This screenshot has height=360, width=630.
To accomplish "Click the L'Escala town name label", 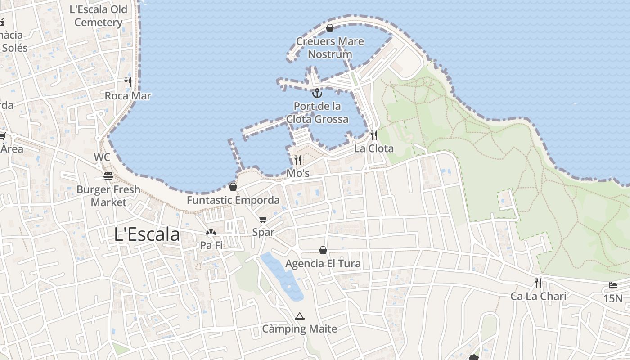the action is click(147, 234).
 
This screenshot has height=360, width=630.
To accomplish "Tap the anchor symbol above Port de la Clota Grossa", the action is click(317, 93).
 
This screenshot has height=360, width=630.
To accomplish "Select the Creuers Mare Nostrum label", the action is click(330, 48).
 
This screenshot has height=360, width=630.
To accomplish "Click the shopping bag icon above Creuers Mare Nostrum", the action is click(330, 28).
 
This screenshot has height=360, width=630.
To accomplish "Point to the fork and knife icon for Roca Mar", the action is click(128, 82).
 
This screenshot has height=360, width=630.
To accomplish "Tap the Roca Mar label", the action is click(128, 96).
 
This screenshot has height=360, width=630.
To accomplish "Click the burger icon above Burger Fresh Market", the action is click(108, 176).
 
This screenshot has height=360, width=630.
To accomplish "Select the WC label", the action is click(102, 157).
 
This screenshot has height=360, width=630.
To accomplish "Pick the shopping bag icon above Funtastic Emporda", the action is click(233, 186).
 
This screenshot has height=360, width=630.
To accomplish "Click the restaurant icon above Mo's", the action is click(297, 160).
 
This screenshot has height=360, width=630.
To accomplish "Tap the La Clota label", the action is click(373, 148).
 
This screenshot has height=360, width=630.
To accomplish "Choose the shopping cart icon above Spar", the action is click(263, 219).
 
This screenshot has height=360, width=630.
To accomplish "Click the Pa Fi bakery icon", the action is click(211, 232).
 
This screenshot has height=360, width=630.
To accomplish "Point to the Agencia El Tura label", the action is click(323, 264).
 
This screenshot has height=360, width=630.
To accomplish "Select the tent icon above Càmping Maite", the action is click(300, 315).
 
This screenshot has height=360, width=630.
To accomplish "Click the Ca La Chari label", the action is click(538, 296).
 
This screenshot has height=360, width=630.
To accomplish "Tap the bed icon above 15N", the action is click(613, 285).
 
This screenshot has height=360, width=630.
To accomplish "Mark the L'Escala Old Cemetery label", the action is click(99, 16).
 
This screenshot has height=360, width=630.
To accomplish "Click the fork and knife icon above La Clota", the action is click(373, 135).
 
